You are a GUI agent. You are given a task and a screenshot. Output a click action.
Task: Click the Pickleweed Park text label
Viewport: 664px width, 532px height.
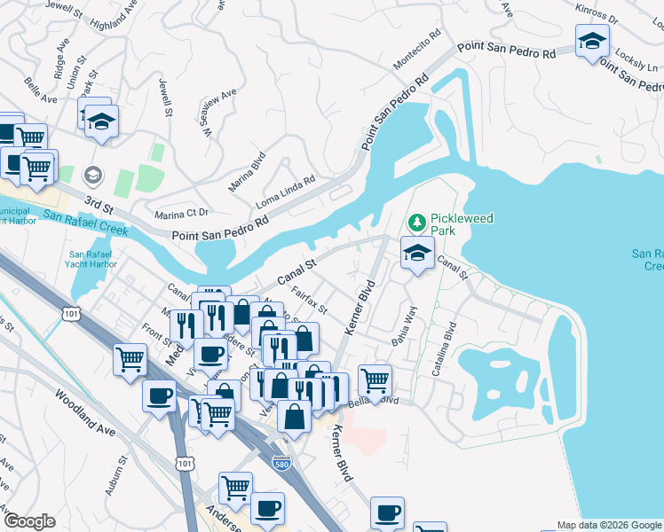pyautogui.click(x=462, y=225)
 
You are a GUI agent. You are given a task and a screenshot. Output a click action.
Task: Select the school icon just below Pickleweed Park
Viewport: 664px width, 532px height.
pyautogui.click(x=417, y=253)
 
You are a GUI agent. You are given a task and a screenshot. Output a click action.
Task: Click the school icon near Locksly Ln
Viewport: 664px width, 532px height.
pyautogui.click(x=592, y=40)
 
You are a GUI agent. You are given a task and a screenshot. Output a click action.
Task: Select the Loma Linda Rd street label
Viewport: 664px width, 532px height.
pyautogui.click(x=286, y=186)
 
